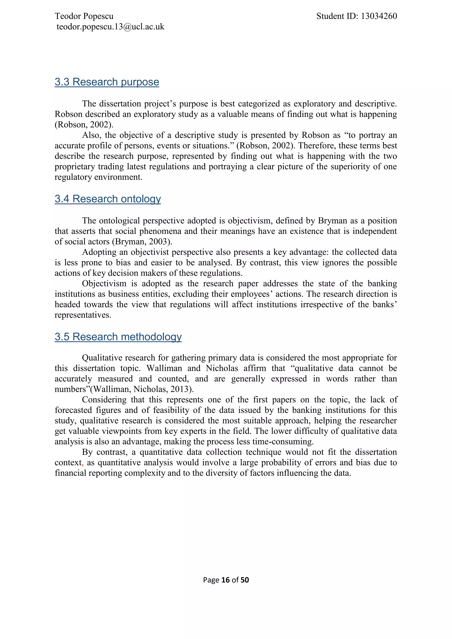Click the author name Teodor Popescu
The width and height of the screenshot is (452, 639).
[x=84, y=16]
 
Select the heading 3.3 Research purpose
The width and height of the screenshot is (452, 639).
[x=107, y=82]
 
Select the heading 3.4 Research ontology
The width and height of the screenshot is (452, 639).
[x=108, y=199]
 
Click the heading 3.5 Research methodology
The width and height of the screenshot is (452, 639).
[x=118, y=336]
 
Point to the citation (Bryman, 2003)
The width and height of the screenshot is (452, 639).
[x=142, y=242]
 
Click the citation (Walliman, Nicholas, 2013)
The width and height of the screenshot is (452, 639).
[x=142, y=389]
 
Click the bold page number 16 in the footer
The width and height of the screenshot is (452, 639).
[x=225, y=580]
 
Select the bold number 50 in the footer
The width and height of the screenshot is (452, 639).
[x=245, y=580]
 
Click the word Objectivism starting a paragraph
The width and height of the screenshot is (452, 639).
[x=104, y=283]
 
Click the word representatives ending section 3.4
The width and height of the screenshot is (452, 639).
[x=83, y=315]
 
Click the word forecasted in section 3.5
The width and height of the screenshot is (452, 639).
[x=73, y=410]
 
